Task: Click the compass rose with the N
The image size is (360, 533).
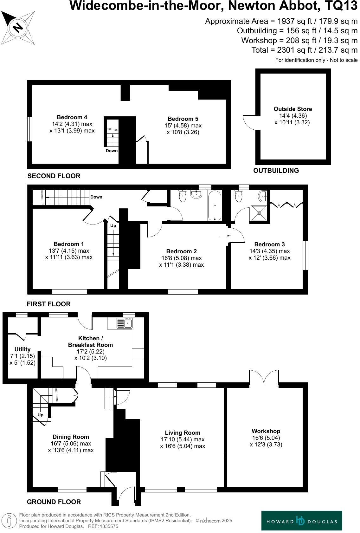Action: point(18,28)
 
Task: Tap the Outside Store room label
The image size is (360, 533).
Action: point(292,109)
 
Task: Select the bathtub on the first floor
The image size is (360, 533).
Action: point(215,205)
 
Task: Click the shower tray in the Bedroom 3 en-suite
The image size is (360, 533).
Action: point(259,212)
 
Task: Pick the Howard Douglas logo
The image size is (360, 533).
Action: point(301,520)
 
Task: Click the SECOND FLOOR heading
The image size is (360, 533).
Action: point(54,176)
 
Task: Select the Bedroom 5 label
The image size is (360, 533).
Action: point(183,119)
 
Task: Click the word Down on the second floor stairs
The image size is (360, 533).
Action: point(112,151)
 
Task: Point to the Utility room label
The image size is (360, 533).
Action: point(22,349)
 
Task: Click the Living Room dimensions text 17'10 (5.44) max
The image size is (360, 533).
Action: point(183,439)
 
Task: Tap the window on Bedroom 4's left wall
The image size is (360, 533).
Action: point(29,129)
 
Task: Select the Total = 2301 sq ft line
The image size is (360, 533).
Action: point(304,50)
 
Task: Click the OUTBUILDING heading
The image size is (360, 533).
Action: point(276,171)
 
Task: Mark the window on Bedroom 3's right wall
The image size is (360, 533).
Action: point(305,256)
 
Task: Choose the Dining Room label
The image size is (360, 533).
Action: point(71,437)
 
